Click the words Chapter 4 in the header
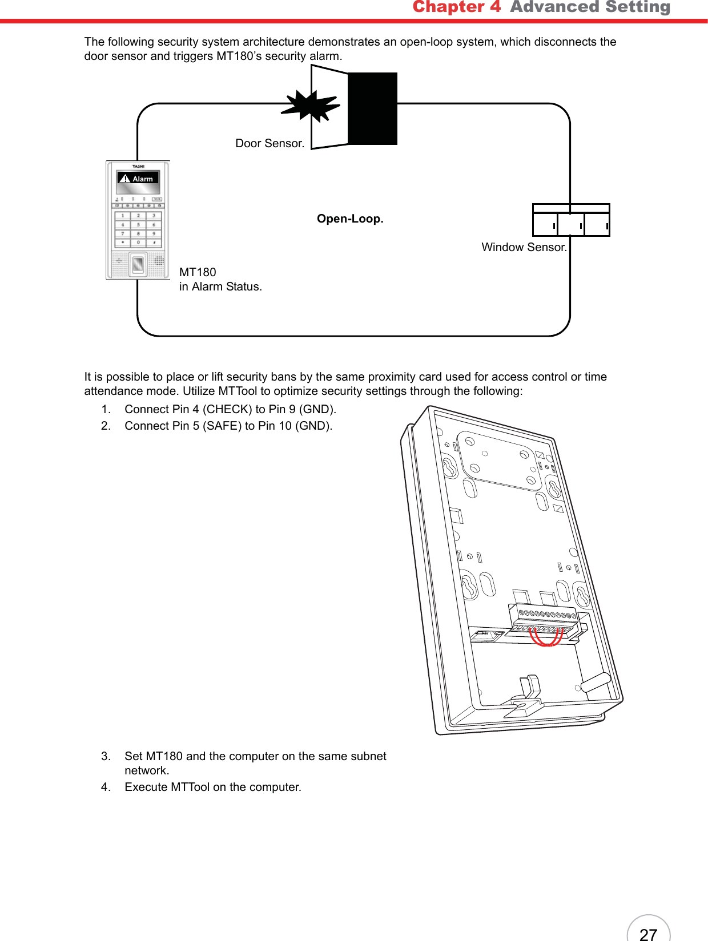[456, 7]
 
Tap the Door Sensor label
[269, 143]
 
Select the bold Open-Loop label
[350, 219]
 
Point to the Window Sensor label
[524, 247]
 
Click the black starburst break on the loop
[311, 107]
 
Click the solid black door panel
[372, 108]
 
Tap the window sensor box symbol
[571, 220]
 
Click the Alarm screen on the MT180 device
[138, 179]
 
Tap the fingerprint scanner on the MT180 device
[138, 264]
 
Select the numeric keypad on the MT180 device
[138, 229]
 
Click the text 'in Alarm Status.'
[220, 286]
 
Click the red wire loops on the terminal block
[546, 637]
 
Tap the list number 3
[106, 756]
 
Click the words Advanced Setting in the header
[590, 7]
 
